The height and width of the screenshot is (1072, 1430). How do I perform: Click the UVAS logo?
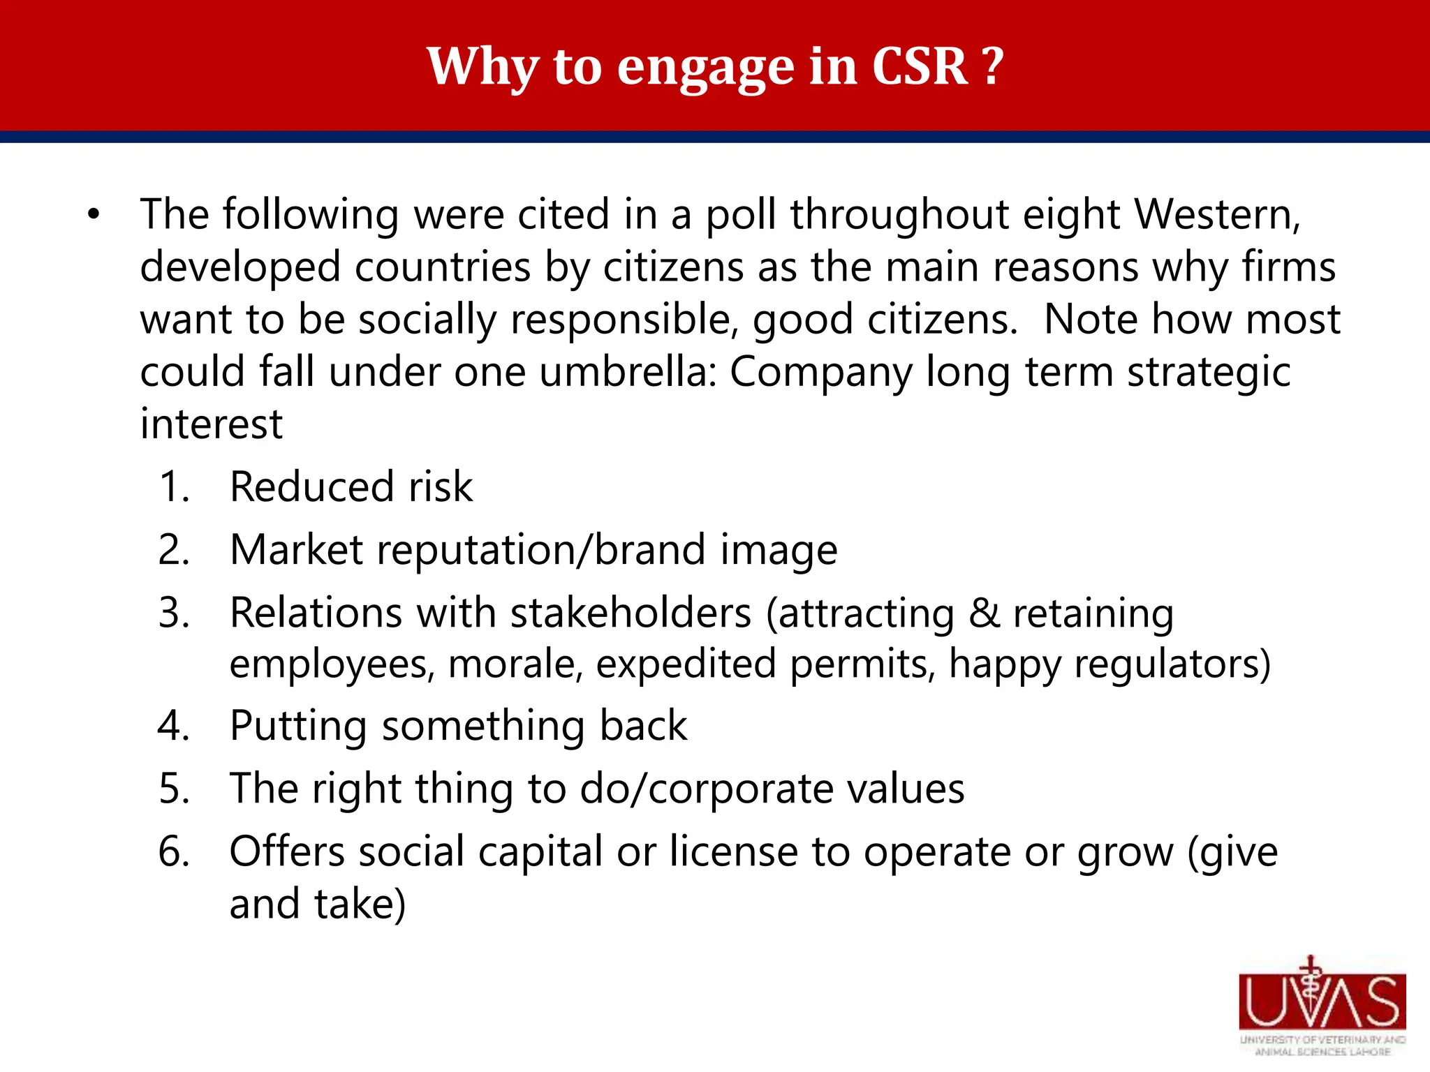click(x=1322, y=1005)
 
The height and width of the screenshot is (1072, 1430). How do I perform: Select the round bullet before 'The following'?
click(x=94, y=214)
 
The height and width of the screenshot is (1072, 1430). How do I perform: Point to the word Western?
click(x=1216, y=214)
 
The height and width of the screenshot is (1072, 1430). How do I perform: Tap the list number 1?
click(x=173, y=486)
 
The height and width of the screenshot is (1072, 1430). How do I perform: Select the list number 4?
click(x=173, y=726)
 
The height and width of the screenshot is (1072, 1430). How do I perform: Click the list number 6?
click(x=173, y=852)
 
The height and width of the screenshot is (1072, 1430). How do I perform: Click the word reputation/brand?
click(x=541, y=550)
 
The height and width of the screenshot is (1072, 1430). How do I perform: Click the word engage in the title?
click(x=706, y=68)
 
